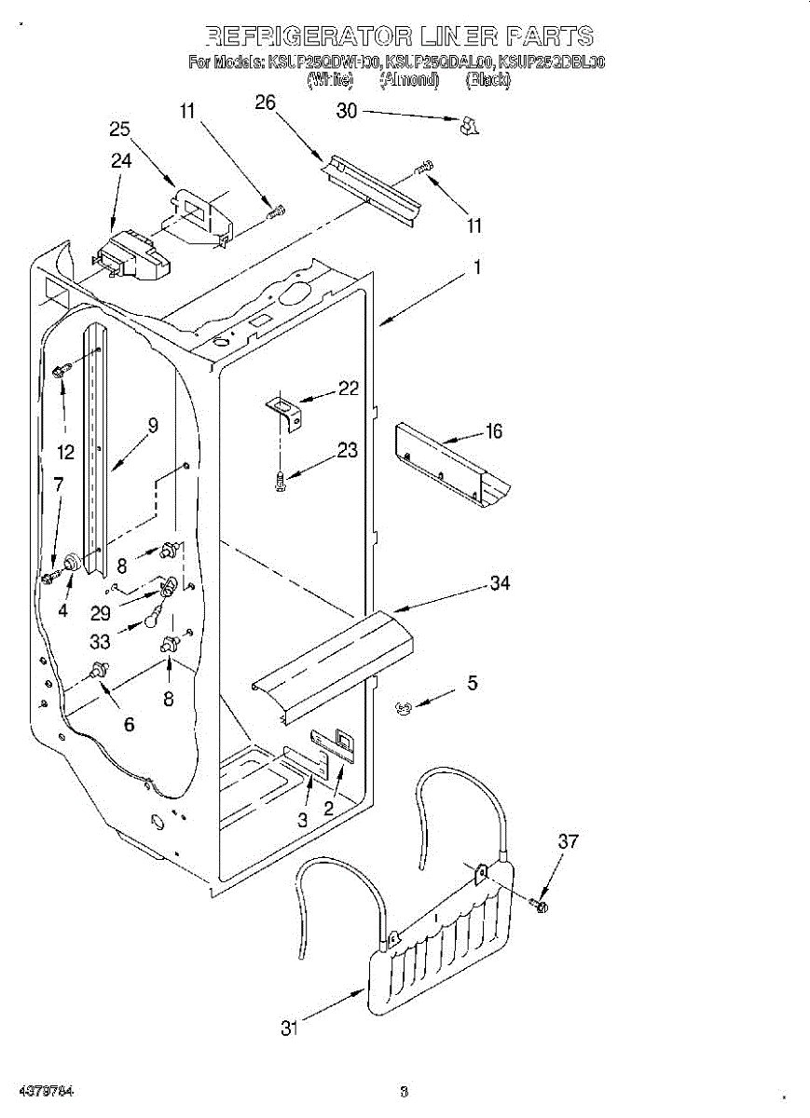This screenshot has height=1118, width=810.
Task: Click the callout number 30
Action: [x=347, y=111]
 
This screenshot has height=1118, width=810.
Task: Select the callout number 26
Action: [x=266, y=102]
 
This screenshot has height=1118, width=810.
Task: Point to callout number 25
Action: [x=120, y=129]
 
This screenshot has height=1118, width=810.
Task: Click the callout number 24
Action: [x=121, y=160]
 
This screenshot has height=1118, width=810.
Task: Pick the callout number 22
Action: [x=349, y=389]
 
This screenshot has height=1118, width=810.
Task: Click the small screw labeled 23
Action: [x=281, y=482]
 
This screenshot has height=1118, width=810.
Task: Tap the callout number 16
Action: [x=494, y=430]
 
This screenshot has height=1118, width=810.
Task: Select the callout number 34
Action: [x=501, y=583]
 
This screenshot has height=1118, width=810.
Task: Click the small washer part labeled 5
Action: [x=403, y=709]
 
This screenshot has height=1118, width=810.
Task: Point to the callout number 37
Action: [x=568, y=841]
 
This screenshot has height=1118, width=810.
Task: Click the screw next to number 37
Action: [x=539, y=904]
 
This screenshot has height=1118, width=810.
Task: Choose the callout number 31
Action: [x=290, y=1029]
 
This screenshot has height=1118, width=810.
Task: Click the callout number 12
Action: [x=65, y=454]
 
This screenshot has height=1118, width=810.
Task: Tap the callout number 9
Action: [x=153, y=425]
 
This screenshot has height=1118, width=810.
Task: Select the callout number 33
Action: [x=100, y=641]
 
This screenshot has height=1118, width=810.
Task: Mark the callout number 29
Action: [x=100, y=614]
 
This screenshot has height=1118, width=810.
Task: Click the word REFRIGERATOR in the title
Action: [x=306, y=36]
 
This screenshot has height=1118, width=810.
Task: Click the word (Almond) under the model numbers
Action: [x=408, y=80]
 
